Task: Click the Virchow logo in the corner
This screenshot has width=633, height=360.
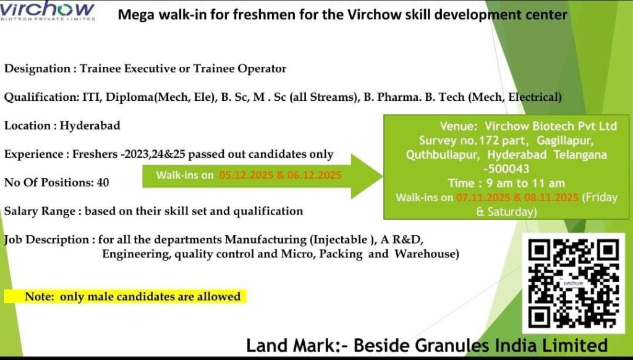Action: [48, 10]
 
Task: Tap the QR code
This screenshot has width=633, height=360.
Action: [573, 283]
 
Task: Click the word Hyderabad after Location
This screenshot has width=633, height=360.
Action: [90, 126]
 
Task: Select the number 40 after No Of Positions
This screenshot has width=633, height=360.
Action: [103, 182]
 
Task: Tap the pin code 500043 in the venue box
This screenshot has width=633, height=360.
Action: [508, 168]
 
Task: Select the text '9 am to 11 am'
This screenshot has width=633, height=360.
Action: [525, 183]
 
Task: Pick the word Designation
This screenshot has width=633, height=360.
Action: [38, 69]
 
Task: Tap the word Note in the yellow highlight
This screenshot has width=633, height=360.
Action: [39, 296]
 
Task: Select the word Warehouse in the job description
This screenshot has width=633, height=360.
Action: [427, 254]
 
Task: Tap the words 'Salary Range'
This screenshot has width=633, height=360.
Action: [40, 212]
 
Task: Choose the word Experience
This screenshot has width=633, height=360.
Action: [34, 155]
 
